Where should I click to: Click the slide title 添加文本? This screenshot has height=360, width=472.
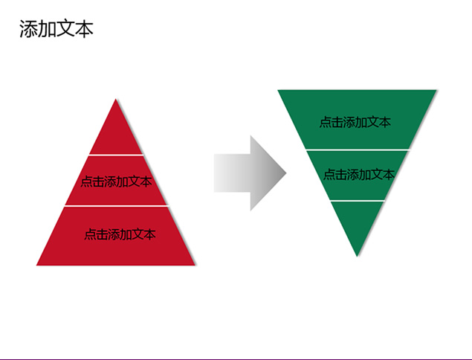56,29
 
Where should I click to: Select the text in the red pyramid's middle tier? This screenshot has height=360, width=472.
116,181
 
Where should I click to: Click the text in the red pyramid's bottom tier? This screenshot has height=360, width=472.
120,234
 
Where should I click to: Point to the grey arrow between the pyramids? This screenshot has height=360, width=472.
250,173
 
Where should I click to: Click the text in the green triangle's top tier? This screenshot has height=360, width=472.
355,122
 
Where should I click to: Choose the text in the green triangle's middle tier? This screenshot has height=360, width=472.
358,175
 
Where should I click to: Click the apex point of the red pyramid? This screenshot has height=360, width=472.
116,99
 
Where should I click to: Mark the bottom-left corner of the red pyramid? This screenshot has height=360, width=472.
36,265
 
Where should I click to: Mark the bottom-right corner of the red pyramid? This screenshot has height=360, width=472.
195,265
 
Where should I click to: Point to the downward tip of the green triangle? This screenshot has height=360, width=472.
357,257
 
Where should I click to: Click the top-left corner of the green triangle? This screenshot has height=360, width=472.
277,90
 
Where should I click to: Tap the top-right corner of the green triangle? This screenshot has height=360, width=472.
436,90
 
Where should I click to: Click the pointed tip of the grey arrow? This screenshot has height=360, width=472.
286,173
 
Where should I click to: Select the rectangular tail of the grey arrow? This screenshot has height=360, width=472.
232,173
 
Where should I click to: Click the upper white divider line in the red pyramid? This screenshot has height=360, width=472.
116,155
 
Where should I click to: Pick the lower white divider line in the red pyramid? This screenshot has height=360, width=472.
116,206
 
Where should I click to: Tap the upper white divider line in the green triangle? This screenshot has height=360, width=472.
358,150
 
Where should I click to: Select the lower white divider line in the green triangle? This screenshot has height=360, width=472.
358,200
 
